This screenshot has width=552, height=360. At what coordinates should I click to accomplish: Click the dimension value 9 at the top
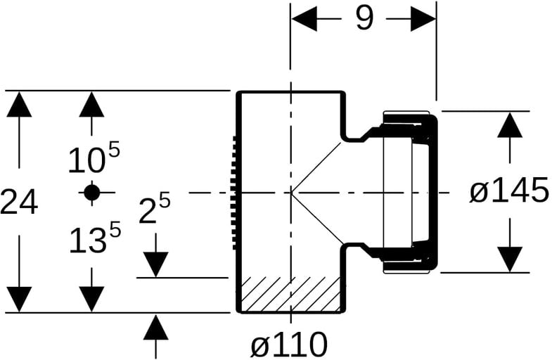tap(364, 18)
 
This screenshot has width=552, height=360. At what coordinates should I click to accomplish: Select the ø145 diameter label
tap(509, 191)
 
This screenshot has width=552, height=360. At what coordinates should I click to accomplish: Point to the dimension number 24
tap(19, 201)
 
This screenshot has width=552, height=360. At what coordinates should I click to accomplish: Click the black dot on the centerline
tap(92, 192)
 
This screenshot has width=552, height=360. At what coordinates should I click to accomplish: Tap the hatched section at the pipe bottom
tap(290, 294)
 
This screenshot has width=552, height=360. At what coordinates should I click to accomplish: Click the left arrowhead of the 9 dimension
tap(304, 18)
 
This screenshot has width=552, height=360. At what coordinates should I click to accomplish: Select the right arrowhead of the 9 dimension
tap(423, 18)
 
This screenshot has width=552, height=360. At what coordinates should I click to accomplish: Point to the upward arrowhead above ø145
tap(510, 125)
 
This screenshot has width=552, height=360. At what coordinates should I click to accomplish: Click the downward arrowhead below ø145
tap(510, 259)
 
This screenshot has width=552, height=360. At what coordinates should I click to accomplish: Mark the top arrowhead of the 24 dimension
tap(19, 104)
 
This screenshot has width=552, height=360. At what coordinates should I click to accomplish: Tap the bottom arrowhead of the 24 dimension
tap(19, 299)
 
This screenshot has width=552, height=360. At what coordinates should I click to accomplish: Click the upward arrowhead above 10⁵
tap(92, 104)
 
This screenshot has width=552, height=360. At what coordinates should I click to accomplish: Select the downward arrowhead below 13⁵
tap(92, 299)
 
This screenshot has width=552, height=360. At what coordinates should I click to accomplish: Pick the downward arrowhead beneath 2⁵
tap(155, 264)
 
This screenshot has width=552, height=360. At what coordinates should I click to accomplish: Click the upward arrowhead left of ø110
tap(155, 327)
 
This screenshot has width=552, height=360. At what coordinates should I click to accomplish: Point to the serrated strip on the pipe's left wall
tap(233, 193)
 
